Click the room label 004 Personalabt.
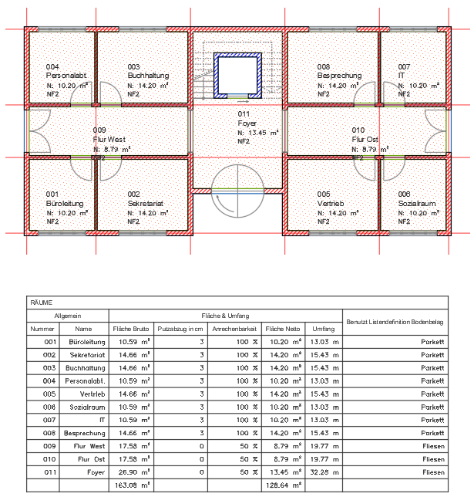(x=65, y=76)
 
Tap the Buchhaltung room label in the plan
(x=146, y=76)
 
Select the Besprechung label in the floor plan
(x=338, y=76)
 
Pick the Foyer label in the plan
(x=247, y=123)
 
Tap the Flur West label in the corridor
(x=110, y=139)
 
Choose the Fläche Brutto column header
(x=130, y=328)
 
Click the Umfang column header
(x=324, y=328)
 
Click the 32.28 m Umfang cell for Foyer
(x=324, y=471)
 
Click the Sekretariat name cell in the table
(x=86, y=353)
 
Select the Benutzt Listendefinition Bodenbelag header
(x=395, y=320)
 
